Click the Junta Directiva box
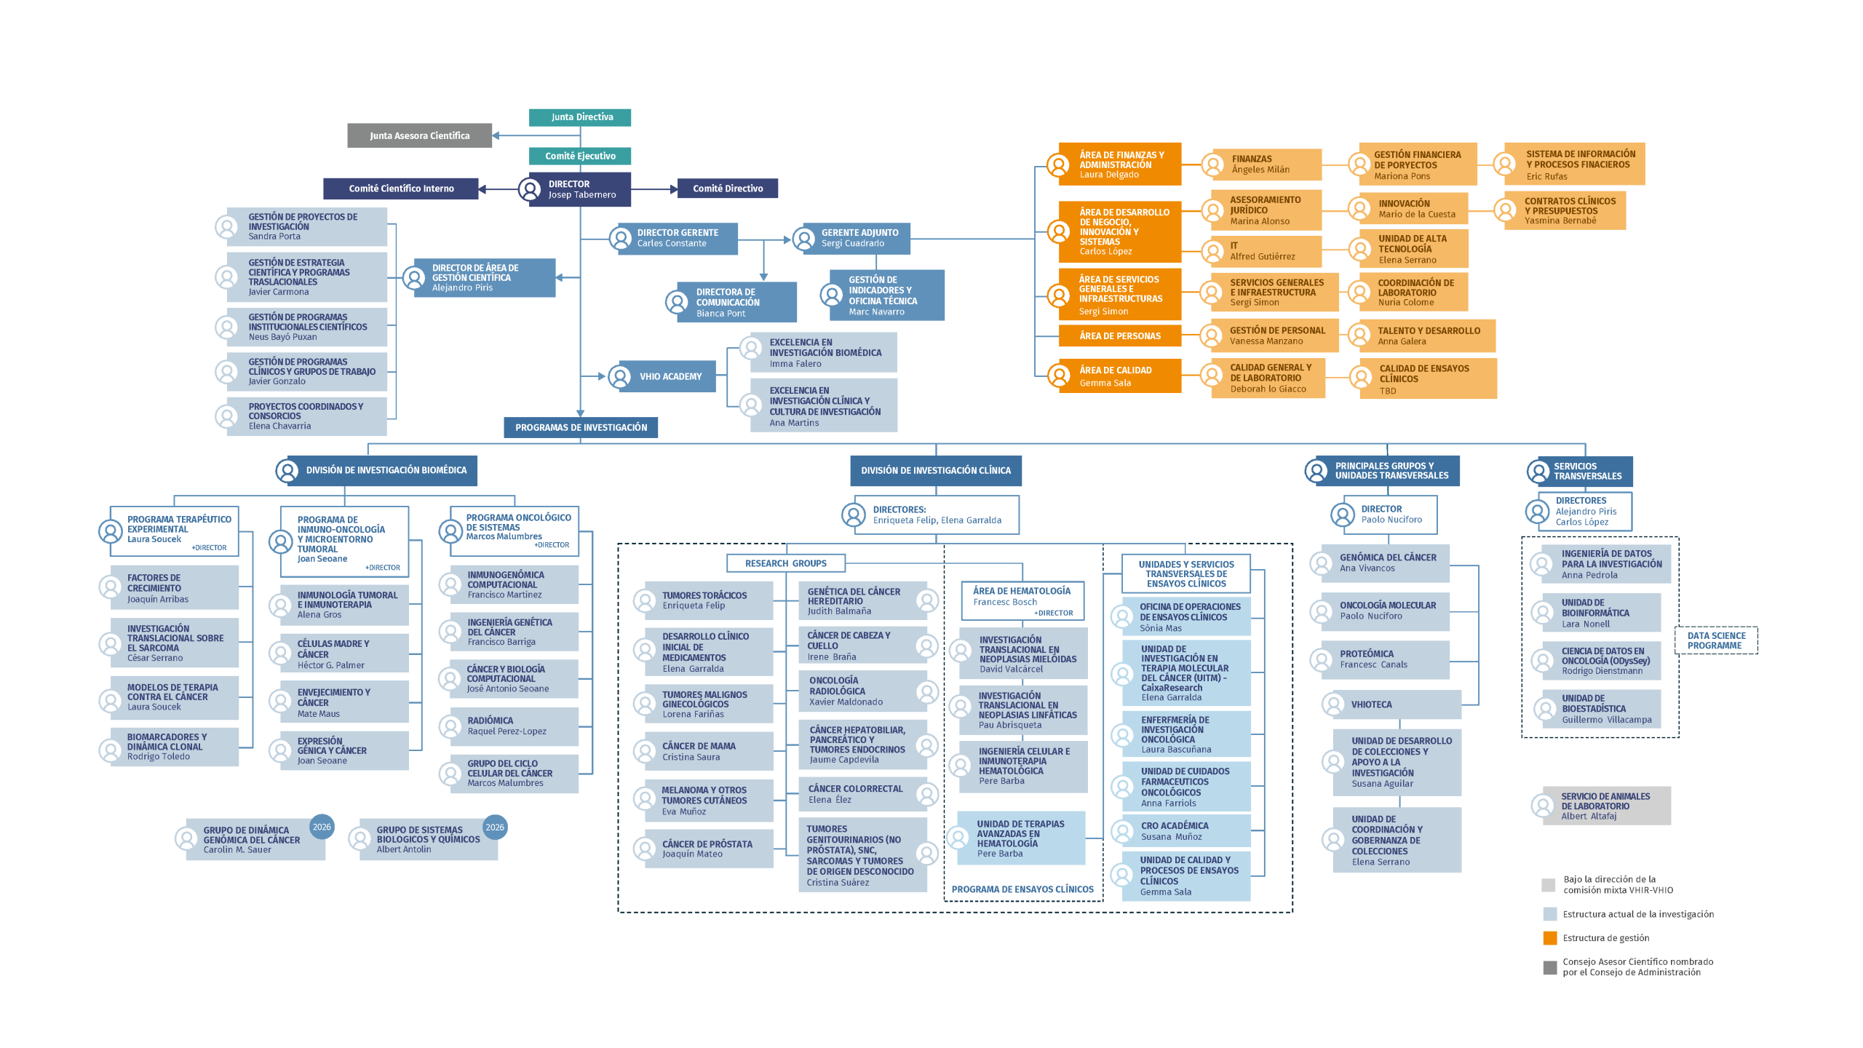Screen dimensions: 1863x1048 tap(579, 117)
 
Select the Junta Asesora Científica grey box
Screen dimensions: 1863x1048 tap(419, 135)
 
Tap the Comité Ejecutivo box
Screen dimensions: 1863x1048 tap(580, 156)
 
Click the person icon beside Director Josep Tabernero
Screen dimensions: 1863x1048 tap(529, 189)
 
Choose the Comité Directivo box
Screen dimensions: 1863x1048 tap(728, 188)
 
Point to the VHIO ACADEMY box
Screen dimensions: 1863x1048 tap(668, 376)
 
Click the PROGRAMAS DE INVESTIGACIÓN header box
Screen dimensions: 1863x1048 tap(581, 427)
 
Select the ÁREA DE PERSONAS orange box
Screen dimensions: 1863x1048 tap(1120, 336)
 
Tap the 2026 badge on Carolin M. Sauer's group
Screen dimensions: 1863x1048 tap(322, 827)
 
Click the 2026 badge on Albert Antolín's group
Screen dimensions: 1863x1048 tap(495, 827)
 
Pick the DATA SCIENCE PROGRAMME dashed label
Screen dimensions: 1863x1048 tap(1716, 640)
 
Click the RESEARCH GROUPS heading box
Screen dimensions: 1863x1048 tap(786, 563)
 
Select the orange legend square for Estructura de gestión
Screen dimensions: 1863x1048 tap(1549, 938)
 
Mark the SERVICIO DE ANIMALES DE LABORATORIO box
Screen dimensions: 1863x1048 tap(1607, 806)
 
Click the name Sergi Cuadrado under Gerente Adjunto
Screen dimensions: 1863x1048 tap(853, 244)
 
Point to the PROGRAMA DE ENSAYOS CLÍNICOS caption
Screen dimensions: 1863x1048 tap(1022, 889)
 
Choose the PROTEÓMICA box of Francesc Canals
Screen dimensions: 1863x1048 tap(1385, 659)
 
